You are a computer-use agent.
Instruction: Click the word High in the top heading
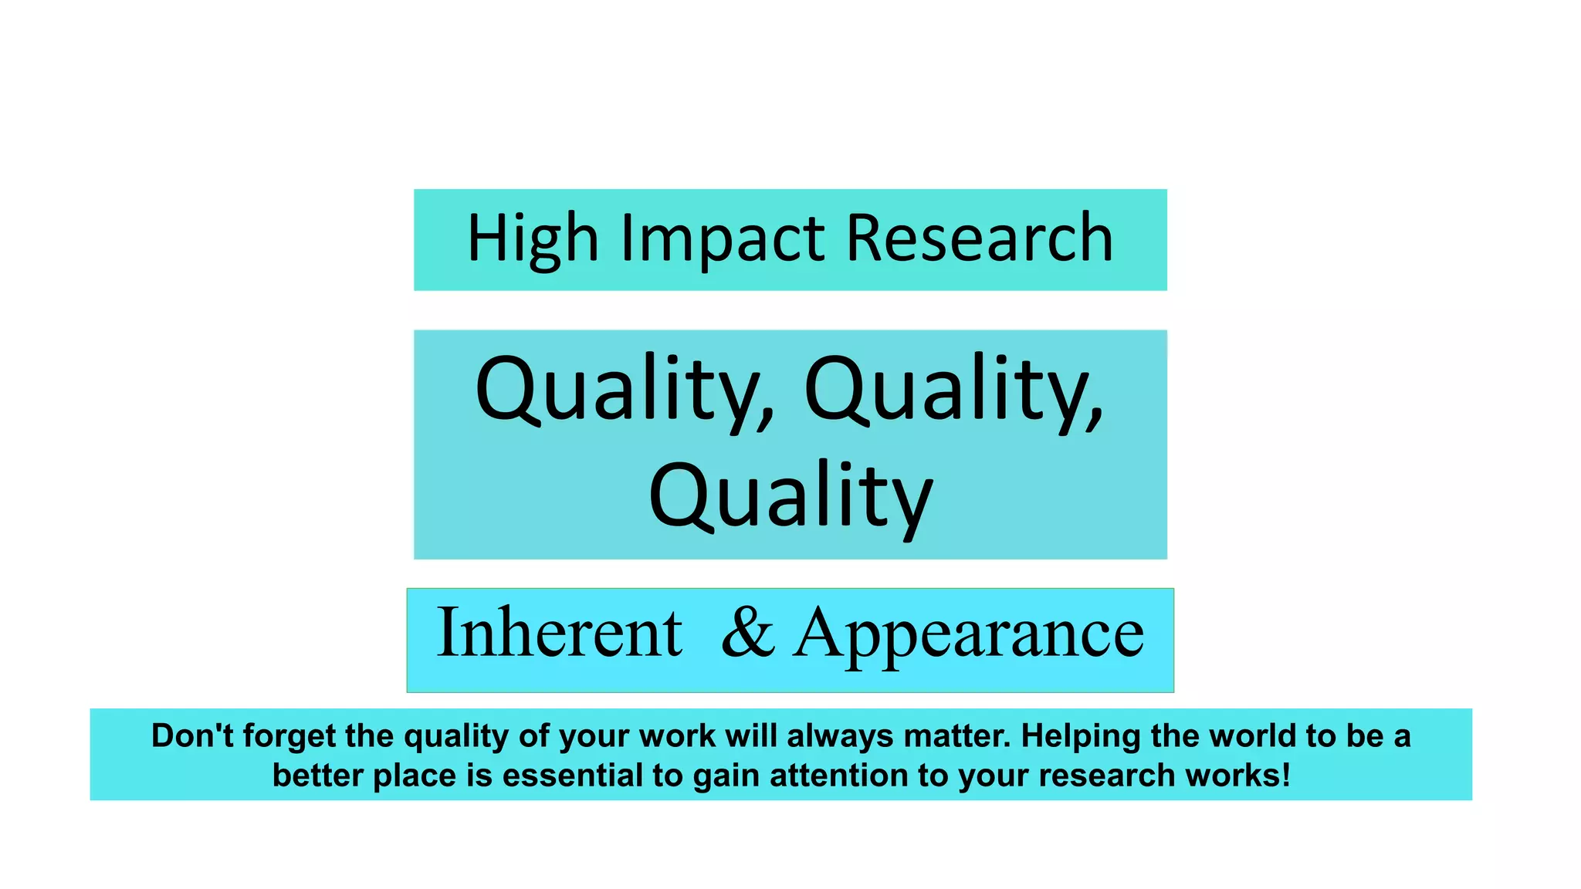533,239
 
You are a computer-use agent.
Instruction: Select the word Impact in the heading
723,239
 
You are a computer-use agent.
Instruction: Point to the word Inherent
560,633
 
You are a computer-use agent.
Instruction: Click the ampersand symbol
747,633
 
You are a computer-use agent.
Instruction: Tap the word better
317,776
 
